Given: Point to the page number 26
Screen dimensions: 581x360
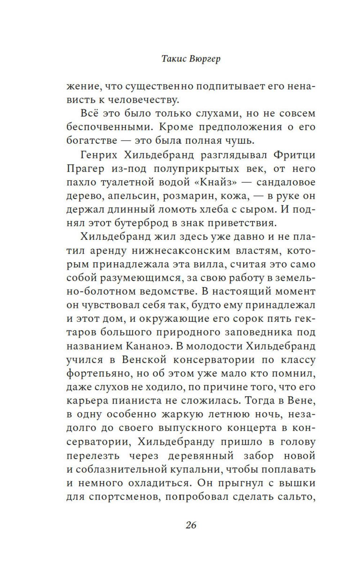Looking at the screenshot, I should click(x=191, y=525).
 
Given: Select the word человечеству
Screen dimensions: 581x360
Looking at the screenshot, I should click(x=148, y=100).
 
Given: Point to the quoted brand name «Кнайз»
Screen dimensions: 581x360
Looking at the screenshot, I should click(x=215, y=182).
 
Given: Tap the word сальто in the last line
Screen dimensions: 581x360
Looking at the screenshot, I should click(x=297, y=497).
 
